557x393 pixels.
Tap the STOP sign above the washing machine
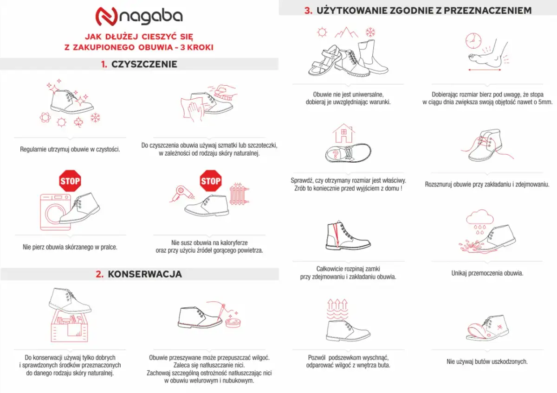point(70,181)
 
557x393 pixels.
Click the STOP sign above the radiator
point(210,181)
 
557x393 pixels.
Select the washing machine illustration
point(55,211)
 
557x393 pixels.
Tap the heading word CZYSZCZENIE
point(144,64)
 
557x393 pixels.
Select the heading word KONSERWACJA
point(144,274)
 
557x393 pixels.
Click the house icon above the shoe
point(343,133)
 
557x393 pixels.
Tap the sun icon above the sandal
point(321,32)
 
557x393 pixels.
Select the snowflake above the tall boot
point(370,32)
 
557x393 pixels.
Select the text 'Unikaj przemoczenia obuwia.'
point(487,273)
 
